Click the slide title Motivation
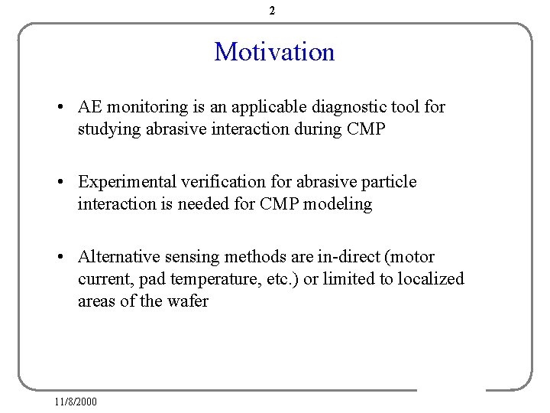pyautogui.click(x=274, y=52)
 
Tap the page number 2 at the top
pyautogui.click(x=273, y=11)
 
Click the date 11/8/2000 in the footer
pyautogui.click(x=76, y=402)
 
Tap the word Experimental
pyautogui.click(x=128, y=182)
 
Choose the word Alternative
pyautogui.click(x=118, y=257)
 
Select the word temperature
pyautogui.click(x=210, y=279)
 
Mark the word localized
pyautogui.click(x=432, y=279)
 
